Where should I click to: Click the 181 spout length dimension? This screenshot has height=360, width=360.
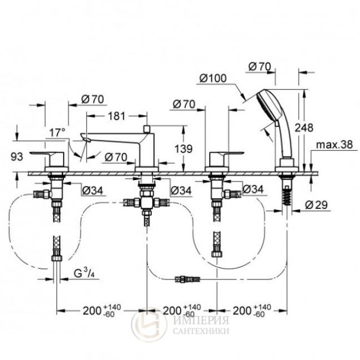(x=118, y=116)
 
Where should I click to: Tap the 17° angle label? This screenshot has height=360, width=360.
(x=57, y=132)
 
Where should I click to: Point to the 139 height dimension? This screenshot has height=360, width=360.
(x=184, y=149)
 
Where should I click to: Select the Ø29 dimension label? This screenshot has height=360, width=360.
(x=319, y=205)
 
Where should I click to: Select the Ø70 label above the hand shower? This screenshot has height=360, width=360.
(x=260, y=66)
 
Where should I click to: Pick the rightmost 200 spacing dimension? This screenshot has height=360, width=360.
(x=251, y=311)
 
